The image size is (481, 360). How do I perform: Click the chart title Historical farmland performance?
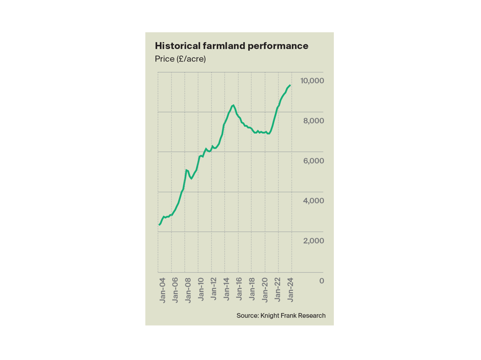pos(232,46)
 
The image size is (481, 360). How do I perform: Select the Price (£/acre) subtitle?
pos(180,59)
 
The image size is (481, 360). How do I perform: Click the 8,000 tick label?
pos(313,121)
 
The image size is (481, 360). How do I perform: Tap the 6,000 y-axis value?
pos(313,161)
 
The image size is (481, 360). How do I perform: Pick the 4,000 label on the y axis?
pos(313,201)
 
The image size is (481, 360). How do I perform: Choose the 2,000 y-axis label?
pos(313,241)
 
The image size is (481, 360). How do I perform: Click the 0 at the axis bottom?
pos(322,281)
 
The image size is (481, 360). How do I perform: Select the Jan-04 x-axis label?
pos(162,290)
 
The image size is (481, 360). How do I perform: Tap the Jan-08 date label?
pos(188,290)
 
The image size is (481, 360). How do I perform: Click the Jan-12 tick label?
pos(213,290)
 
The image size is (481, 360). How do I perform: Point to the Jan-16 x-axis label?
pos(239,290)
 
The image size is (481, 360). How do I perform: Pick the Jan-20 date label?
pos(265,290)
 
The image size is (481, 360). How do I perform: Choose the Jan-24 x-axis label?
pos(291,290)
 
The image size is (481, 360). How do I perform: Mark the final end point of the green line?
pos(290,85)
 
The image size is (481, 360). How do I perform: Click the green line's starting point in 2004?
pos(159,225)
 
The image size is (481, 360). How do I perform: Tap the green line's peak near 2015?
pos(233,105)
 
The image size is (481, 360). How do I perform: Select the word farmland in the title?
pos(237,46)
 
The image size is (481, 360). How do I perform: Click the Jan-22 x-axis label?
pos(278,290)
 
